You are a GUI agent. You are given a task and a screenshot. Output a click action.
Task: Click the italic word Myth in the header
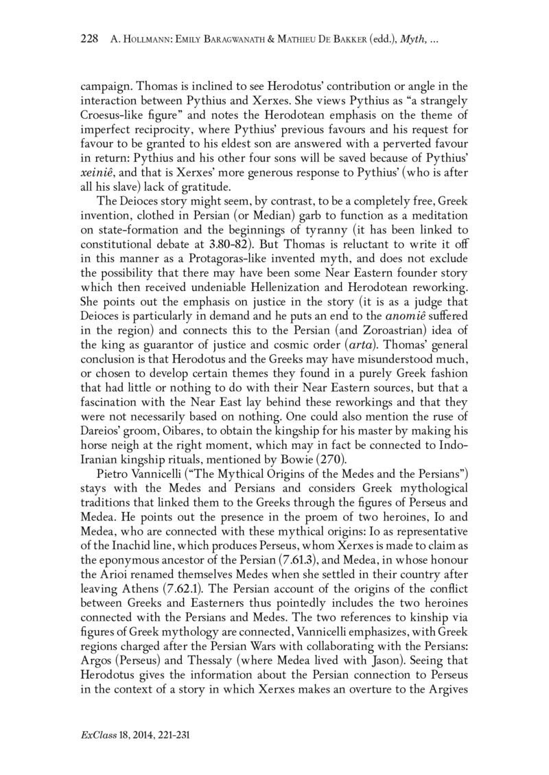pyautogui.click(x=412, y=41)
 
